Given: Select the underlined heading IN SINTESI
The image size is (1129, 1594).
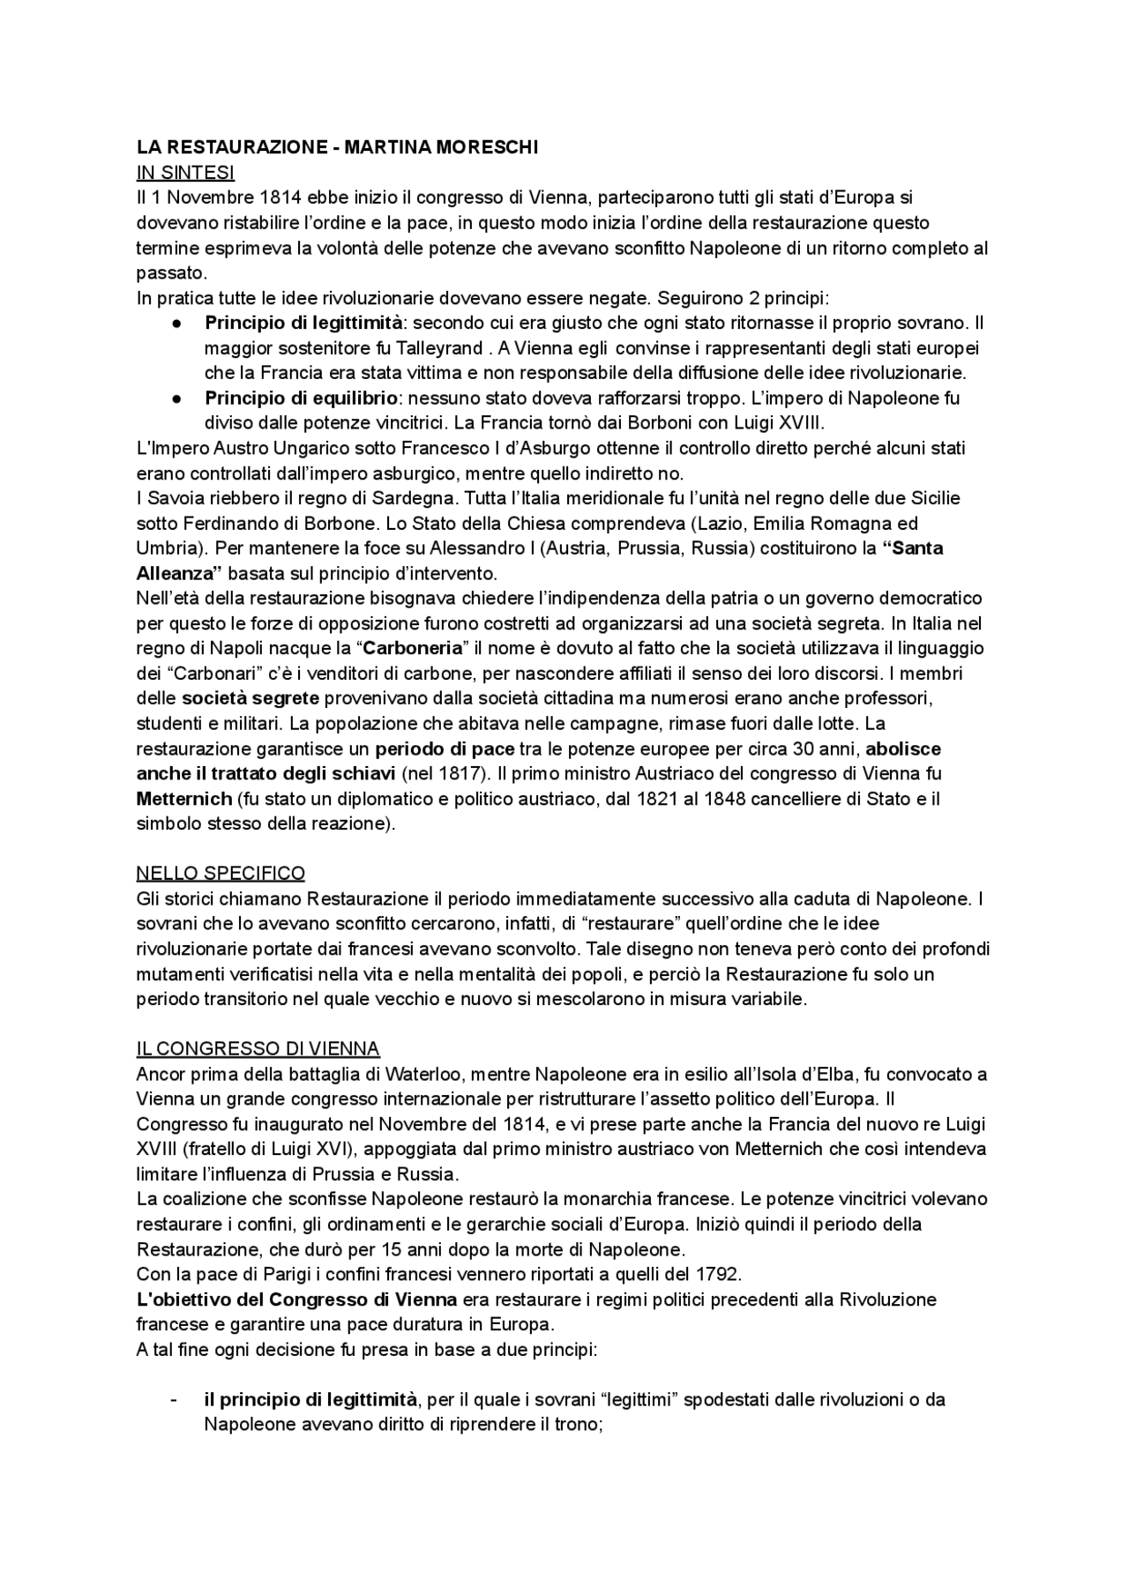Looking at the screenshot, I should coord(185,173).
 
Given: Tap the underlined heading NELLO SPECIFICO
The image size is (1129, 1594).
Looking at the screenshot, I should coord(221,874).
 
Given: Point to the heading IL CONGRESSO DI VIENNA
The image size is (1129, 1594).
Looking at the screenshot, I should coord(258,1049).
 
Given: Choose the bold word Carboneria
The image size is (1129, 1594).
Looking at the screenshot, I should coord(413,648).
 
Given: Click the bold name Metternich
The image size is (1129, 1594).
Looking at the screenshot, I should coord(183,799).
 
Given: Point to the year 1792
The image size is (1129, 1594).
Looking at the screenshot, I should coord(718,1274).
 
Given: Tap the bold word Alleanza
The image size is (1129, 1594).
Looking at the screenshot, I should coord(176,573).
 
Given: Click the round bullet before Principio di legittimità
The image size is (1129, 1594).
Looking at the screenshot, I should coord(176,324).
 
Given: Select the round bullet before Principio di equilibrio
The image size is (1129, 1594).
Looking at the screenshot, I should coord(176,398).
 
